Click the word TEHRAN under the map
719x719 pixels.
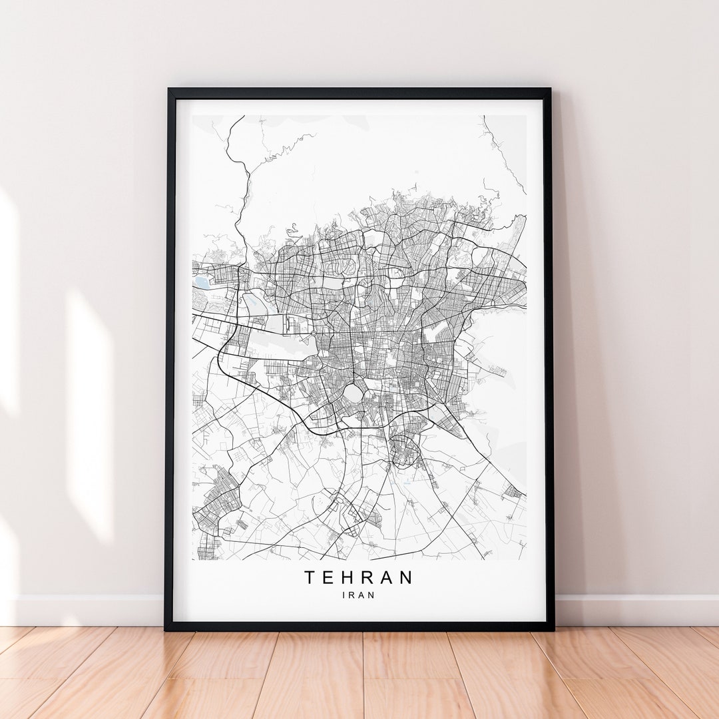click(359, 577)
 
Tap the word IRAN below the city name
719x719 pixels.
click(359, 595)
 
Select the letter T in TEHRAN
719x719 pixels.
click(310, 577)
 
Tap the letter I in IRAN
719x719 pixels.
click(344, 595)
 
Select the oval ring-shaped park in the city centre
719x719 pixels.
click(353, 394)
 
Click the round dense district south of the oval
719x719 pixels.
click(405, 451)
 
